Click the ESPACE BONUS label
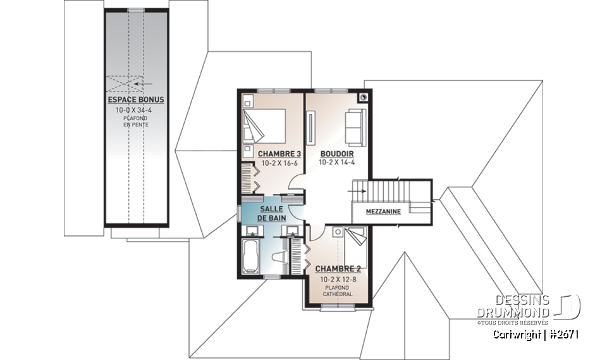tap(135, 100)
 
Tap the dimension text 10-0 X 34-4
tap(135, 110)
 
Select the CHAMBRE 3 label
tap(279, 154)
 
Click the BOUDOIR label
tap(336, 154)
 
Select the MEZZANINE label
tap(384, 212)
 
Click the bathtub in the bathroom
tap(251, 256)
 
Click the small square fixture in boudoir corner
tap(363, 97)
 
